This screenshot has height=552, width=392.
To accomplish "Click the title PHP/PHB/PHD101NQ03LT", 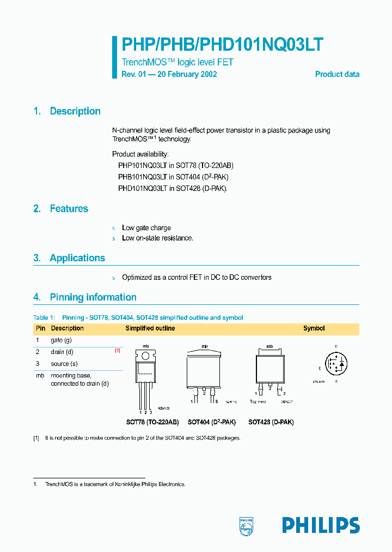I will [x=223, y=45].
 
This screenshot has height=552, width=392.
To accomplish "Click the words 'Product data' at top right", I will [x=337, y=74].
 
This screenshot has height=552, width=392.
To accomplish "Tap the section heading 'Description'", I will [x=75, y=111].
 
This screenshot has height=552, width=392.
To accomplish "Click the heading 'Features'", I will [x=69, y=209].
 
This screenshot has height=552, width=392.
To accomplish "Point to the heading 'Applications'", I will [x=77, y=258].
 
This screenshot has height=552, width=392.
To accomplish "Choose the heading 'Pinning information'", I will [x=93, y=297].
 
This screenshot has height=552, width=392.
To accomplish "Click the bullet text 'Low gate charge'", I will [x=146, y=228].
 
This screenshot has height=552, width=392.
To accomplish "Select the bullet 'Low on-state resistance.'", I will [x=157, y=238].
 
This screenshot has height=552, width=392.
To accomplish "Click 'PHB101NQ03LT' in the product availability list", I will [x=142, y=177].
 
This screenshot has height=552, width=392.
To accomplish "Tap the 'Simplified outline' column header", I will [x=150, y=328].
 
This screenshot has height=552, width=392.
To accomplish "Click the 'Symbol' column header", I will [x=314, y=328].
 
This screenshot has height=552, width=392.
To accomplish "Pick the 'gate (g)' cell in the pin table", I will [x=61, y=340].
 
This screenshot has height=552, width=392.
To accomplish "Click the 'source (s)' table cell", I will [x=64, y=364].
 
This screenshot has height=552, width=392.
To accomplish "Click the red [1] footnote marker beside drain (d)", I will [x=117, y=351].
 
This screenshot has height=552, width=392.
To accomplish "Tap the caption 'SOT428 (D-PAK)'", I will [x=271, y=422].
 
